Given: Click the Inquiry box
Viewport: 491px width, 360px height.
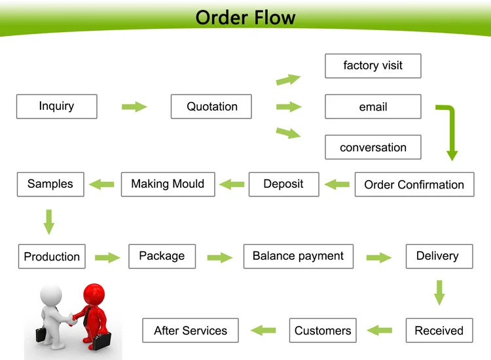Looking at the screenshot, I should click(56, 107).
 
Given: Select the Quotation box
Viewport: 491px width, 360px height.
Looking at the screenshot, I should click(211, 107).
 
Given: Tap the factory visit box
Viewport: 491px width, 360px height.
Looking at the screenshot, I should click(373, 65).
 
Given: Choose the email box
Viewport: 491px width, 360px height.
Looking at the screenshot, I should click(373, 107).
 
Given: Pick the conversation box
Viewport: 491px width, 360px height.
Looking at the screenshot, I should click(373, 148).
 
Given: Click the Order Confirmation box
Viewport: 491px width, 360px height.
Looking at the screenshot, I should click(414, 185).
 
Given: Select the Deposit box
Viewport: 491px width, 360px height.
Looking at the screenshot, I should click(283, 184).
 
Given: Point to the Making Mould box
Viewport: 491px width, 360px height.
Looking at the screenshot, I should click(168, 184).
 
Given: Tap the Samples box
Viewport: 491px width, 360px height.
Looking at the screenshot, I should click(50, 184).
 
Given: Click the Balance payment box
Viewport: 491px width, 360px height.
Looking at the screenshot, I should click(298, 256).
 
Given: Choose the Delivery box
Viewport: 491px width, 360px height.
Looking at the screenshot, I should click(437, 256).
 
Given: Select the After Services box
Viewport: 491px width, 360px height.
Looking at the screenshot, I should click(191, 331).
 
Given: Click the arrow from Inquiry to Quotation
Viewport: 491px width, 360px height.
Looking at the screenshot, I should click(134, 107).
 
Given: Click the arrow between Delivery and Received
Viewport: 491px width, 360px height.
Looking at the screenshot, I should click(439, 292).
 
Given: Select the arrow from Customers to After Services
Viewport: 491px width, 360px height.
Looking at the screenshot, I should click(264, 331).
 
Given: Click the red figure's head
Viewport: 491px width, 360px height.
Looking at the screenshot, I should click(94, 293).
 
